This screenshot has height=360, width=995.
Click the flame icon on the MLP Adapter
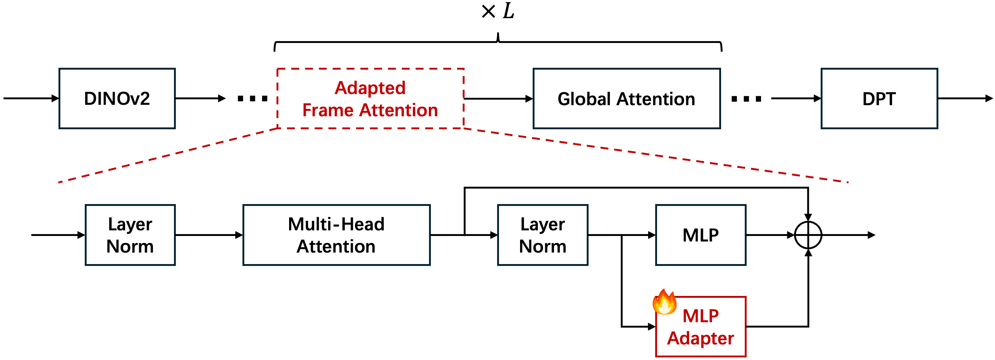point(664,302)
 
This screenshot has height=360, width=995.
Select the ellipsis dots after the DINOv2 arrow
point(252,99)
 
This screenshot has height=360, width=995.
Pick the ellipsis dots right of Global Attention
point(746,99)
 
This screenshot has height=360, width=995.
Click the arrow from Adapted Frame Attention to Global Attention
point(499,99)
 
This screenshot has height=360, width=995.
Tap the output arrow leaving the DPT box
point(966,99)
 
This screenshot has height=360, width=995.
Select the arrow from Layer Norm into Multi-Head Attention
point(209,235)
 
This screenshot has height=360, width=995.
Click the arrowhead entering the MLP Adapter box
point(651,327)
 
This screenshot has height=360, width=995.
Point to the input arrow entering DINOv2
point(31,99)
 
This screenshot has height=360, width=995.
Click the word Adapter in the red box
point(701,339)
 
